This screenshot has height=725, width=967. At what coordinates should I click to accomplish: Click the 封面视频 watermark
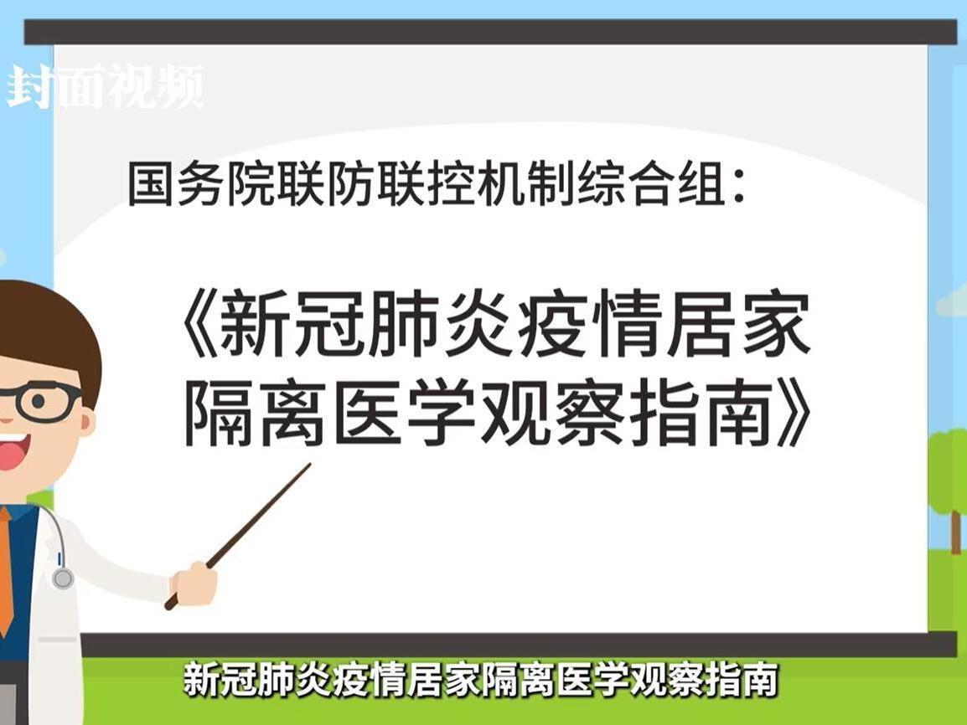pyautogui.click(x=105, y=86)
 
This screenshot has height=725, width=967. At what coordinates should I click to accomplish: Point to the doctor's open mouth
pyautogui.click(x=10, y=453)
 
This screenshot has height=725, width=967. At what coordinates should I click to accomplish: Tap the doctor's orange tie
pyautogui.click(x=5, y=569)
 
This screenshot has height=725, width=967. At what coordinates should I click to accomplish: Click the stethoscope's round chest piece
pyautogui.click(x=62, y=578)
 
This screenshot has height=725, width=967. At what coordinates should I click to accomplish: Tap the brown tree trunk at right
pyautogui.click(x=955, y=527)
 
